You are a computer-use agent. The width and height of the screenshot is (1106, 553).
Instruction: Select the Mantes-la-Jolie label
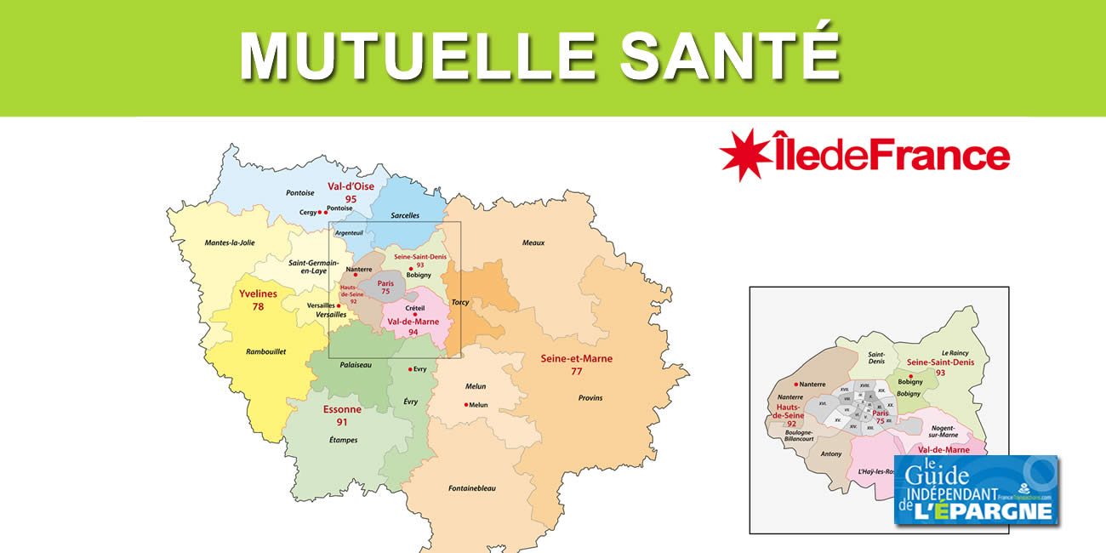[x=230, y=242]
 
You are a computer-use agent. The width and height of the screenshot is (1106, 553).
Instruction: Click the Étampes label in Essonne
[x=343, y=440]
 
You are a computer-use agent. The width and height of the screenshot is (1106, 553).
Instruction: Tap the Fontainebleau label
[x=472, y=488]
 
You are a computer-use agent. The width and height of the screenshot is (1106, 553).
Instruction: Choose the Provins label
[x=590, y=397]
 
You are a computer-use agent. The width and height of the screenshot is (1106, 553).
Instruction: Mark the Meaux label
[x=533, y=242]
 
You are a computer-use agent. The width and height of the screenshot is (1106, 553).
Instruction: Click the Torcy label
[x=460, y=302]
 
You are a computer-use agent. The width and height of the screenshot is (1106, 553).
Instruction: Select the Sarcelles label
[x=405, y=215]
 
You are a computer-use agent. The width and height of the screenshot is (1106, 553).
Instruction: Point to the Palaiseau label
[x=356, y=364]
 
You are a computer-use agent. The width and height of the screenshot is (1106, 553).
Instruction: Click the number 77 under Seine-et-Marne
[x=576, y=371]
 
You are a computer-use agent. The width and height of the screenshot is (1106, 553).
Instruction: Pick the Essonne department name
[x=342, y=409]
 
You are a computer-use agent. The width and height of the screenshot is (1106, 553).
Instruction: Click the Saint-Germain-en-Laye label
[x=313, y=267]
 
